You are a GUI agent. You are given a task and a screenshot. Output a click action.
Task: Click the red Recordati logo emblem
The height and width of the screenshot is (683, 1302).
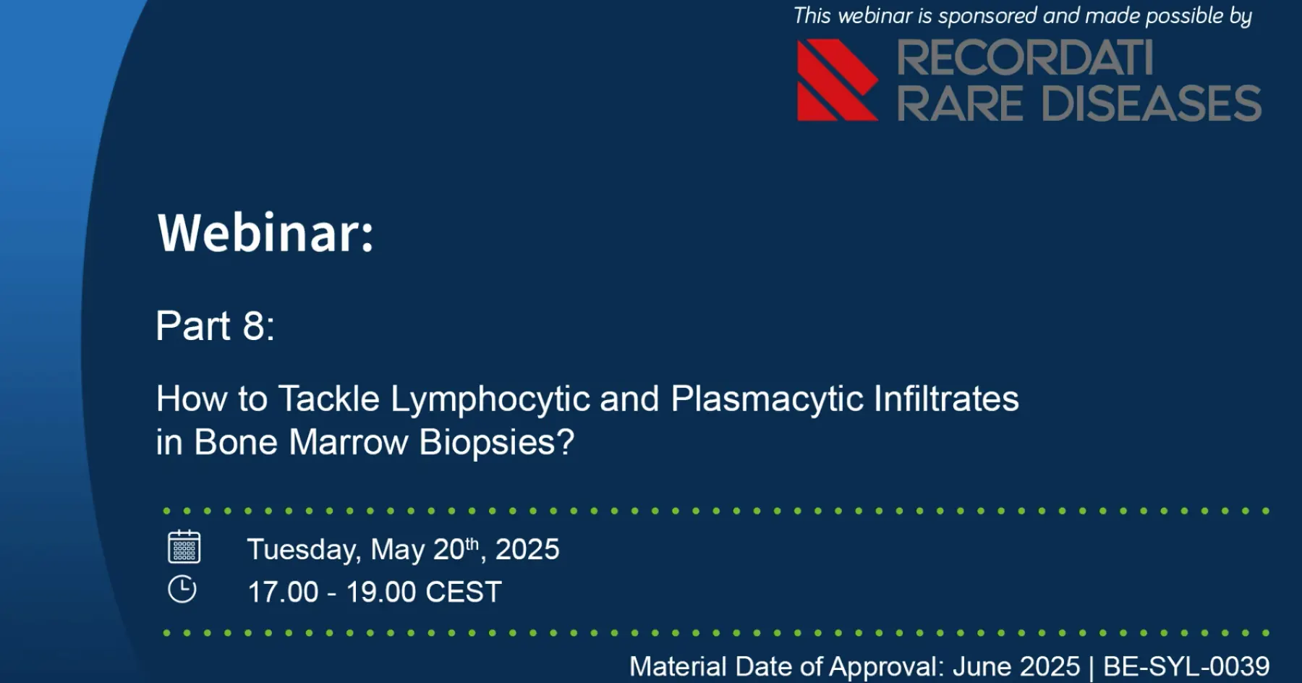click(x=838, y=80)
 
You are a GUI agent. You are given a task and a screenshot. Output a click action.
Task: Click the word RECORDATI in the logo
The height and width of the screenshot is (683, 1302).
click(x=1025, y=58)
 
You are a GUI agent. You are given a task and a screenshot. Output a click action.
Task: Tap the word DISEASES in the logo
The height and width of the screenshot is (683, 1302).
click(x=1152, y=103)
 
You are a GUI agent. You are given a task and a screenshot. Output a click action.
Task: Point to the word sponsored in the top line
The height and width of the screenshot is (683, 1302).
click(x=987, y=15)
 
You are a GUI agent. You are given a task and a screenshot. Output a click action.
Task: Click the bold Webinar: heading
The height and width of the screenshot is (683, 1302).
click(x=266, y=233)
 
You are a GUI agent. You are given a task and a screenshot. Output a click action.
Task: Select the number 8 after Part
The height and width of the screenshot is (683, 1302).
click(x=254, y=326)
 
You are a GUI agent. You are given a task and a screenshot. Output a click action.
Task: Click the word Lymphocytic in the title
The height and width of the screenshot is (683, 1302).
click(x=490, y=399)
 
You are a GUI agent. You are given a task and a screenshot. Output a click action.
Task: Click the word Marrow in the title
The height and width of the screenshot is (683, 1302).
click(x=349, y=442)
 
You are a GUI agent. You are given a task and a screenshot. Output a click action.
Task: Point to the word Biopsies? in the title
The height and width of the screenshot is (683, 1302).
click(x=497, y=443)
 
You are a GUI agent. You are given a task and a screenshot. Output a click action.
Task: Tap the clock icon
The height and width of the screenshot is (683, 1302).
click(x=182, y=589)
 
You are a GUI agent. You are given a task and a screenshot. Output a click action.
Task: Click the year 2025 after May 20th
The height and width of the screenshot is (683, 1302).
click(x=527, y=550)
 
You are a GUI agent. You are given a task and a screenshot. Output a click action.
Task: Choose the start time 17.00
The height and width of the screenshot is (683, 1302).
click(x=283, y=593)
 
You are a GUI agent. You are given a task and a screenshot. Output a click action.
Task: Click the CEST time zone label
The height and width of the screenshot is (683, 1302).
click(x=464, y=593)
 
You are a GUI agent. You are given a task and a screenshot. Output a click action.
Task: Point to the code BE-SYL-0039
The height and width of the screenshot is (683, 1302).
click(x=1186, y=666)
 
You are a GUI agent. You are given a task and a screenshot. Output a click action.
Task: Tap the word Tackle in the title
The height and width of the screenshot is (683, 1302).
click(x=329, y=399)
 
